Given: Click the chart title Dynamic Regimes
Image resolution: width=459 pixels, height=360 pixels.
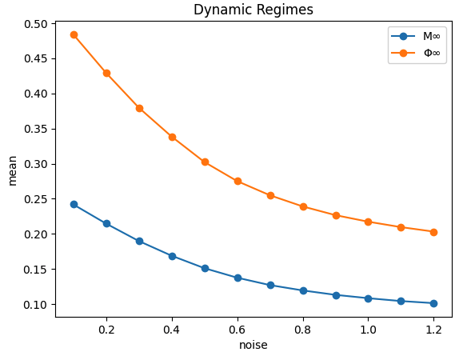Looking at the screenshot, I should pyautogui.click(x=253, y=10).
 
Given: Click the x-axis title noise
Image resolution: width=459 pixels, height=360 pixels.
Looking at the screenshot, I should pyautogui.click(x=253, y=346).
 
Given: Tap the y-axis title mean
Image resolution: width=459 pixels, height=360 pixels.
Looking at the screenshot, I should pyautogui.click(x=12, y=170).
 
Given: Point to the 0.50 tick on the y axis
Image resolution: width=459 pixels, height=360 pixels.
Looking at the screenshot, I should pyautogui.click(x=36, y=24).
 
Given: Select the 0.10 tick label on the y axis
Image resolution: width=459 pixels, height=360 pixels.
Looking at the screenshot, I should pyautogui.click(x=36, y=305).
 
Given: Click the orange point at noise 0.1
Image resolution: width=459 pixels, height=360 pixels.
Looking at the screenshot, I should pyautogui.click(x=74, y=34).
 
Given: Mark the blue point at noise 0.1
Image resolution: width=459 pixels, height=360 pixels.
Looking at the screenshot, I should pyautogui.click(x=74, y=204).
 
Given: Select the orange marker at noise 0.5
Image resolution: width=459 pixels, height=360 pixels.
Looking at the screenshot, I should pyautogui.click(x=205, y=162).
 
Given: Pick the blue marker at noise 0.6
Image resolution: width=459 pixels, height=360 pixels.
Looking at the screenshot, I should pyautogui.click(x=237, y=278).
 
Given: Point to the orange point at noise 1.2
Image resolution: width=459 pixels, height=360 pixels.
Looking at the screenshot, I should pyautogui.click(x=433, y=232).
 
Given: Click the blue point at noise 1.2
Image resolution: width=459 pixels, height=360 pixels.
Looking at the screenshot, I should pyautogui.click(x=433, y=303).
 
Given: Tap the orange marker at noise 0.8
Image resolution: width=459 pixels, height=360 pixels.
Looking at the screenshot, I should pyautogui.click(x=303, y=206).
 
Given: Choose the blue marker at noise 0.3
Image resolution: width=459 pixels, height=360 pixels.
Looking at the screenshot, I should pyautogui.click(x=139, y=241).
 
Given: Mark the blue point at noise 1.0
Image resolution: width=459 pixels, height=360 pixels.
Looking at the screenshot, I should pyautogui.click(x=368, y=298).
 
